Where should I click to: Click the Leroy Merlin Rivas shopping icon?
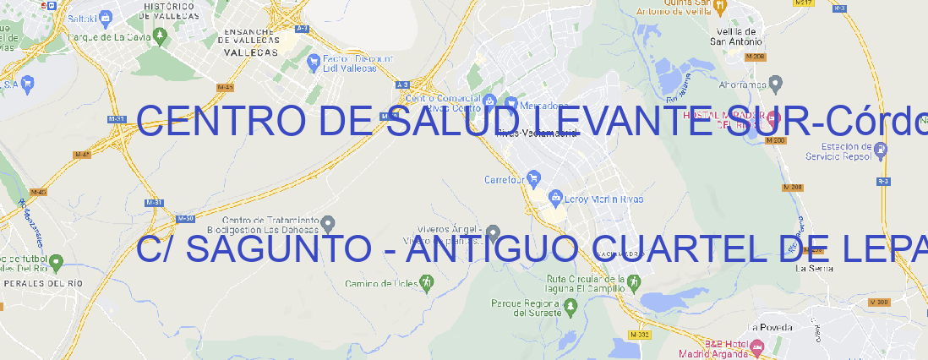pyautogui.click(x=555, y=199)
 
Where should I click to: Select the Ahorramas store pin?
pyautogui.click(x=776, y=84)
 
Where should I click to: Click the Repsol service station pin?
pyautogui.click(x=882, y=150)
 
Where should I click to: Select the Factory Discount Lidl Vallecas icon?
pyautogui.click(x=314, y=61)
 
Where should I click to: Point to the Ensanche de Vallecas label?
pyautogui.click(x=248, y=39)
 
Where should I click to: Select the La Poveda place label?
pyautogui.click(x=770, y=327)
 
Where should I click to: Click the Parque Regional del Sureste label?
pyautogui.click(x=526, y=308)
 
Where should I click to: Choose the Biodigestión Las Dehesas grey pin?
pyautogui.click(x=328, y=224)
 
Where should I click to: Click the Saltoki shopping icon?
pyautogui.click(x=105, y=17)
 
